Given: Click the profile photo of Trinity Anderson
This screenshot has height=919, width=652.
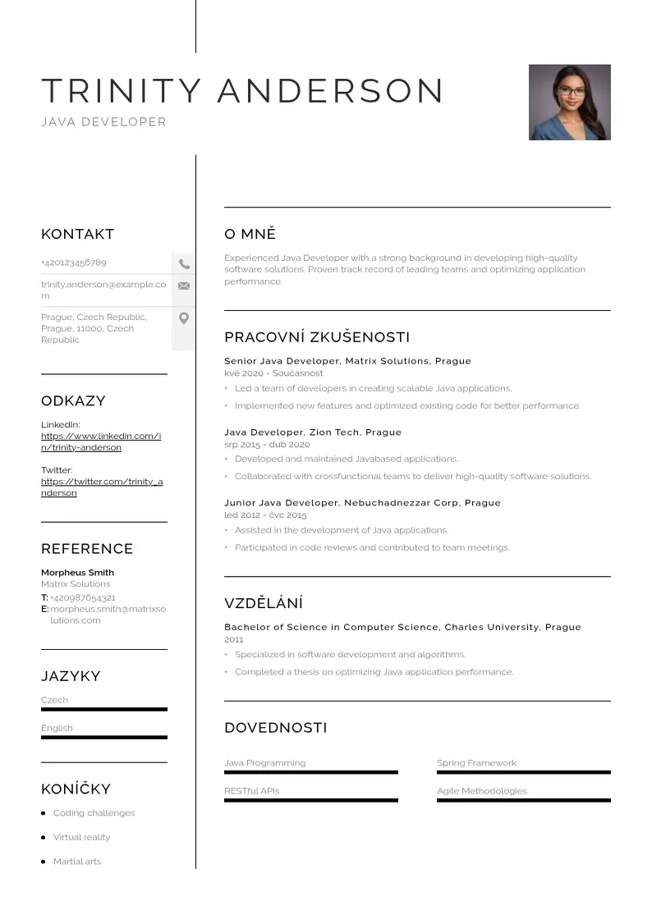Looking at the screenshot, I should tap(569, 103).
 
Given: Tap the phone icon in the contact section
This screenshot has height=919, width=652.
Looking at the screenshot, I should tap(184, 264).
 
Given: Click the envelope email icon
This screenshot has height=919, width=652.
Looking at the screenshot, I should tap(184, 286).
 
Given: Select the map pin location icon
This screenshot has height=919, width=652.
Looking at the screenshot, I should tap(184, 318).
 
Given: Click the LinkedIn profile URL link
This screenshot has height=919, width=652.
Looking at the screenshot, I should tap(101, 441).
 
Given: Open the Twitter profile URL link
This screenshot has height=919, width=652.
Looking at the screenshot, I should tap(102, 487).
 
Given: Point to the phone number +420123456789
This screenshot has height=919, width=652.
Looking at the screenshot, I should tap(74, 263).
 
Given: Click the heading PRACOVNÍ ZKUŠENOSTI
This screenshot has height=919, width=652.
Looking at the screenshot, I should tap(317, 337).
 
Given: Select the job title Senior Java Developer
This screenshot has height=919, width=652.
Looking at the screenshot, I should tap(282, 361).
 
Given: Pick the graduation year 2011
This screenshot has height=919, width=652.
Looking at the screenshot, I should tap(234, 639).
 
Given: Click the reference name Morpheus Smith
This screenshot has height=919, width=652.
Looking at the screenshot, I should tap(78, 573).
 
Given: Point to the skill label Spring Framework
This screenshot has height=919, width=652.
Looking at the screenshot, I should tap(476, 763).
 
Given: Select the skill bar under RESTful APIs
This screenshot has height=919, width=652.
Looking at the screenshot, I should tap(310, 800).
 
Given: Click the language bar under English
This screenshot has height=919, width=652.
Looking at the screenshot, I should tap(104, 737).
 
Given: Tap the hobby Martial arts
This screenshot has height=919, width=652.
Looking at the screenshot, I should tap(77, 862).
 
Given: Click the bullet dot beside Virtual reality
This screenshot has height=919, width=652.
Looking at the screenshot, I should tap(43, 838).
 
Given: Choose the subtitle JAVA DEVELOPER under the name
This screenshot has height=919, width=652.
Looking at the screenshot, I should tap(103, 122).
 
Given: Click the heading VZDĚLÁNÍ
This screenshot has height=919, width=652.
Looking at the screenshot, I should tap(264, 604).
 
